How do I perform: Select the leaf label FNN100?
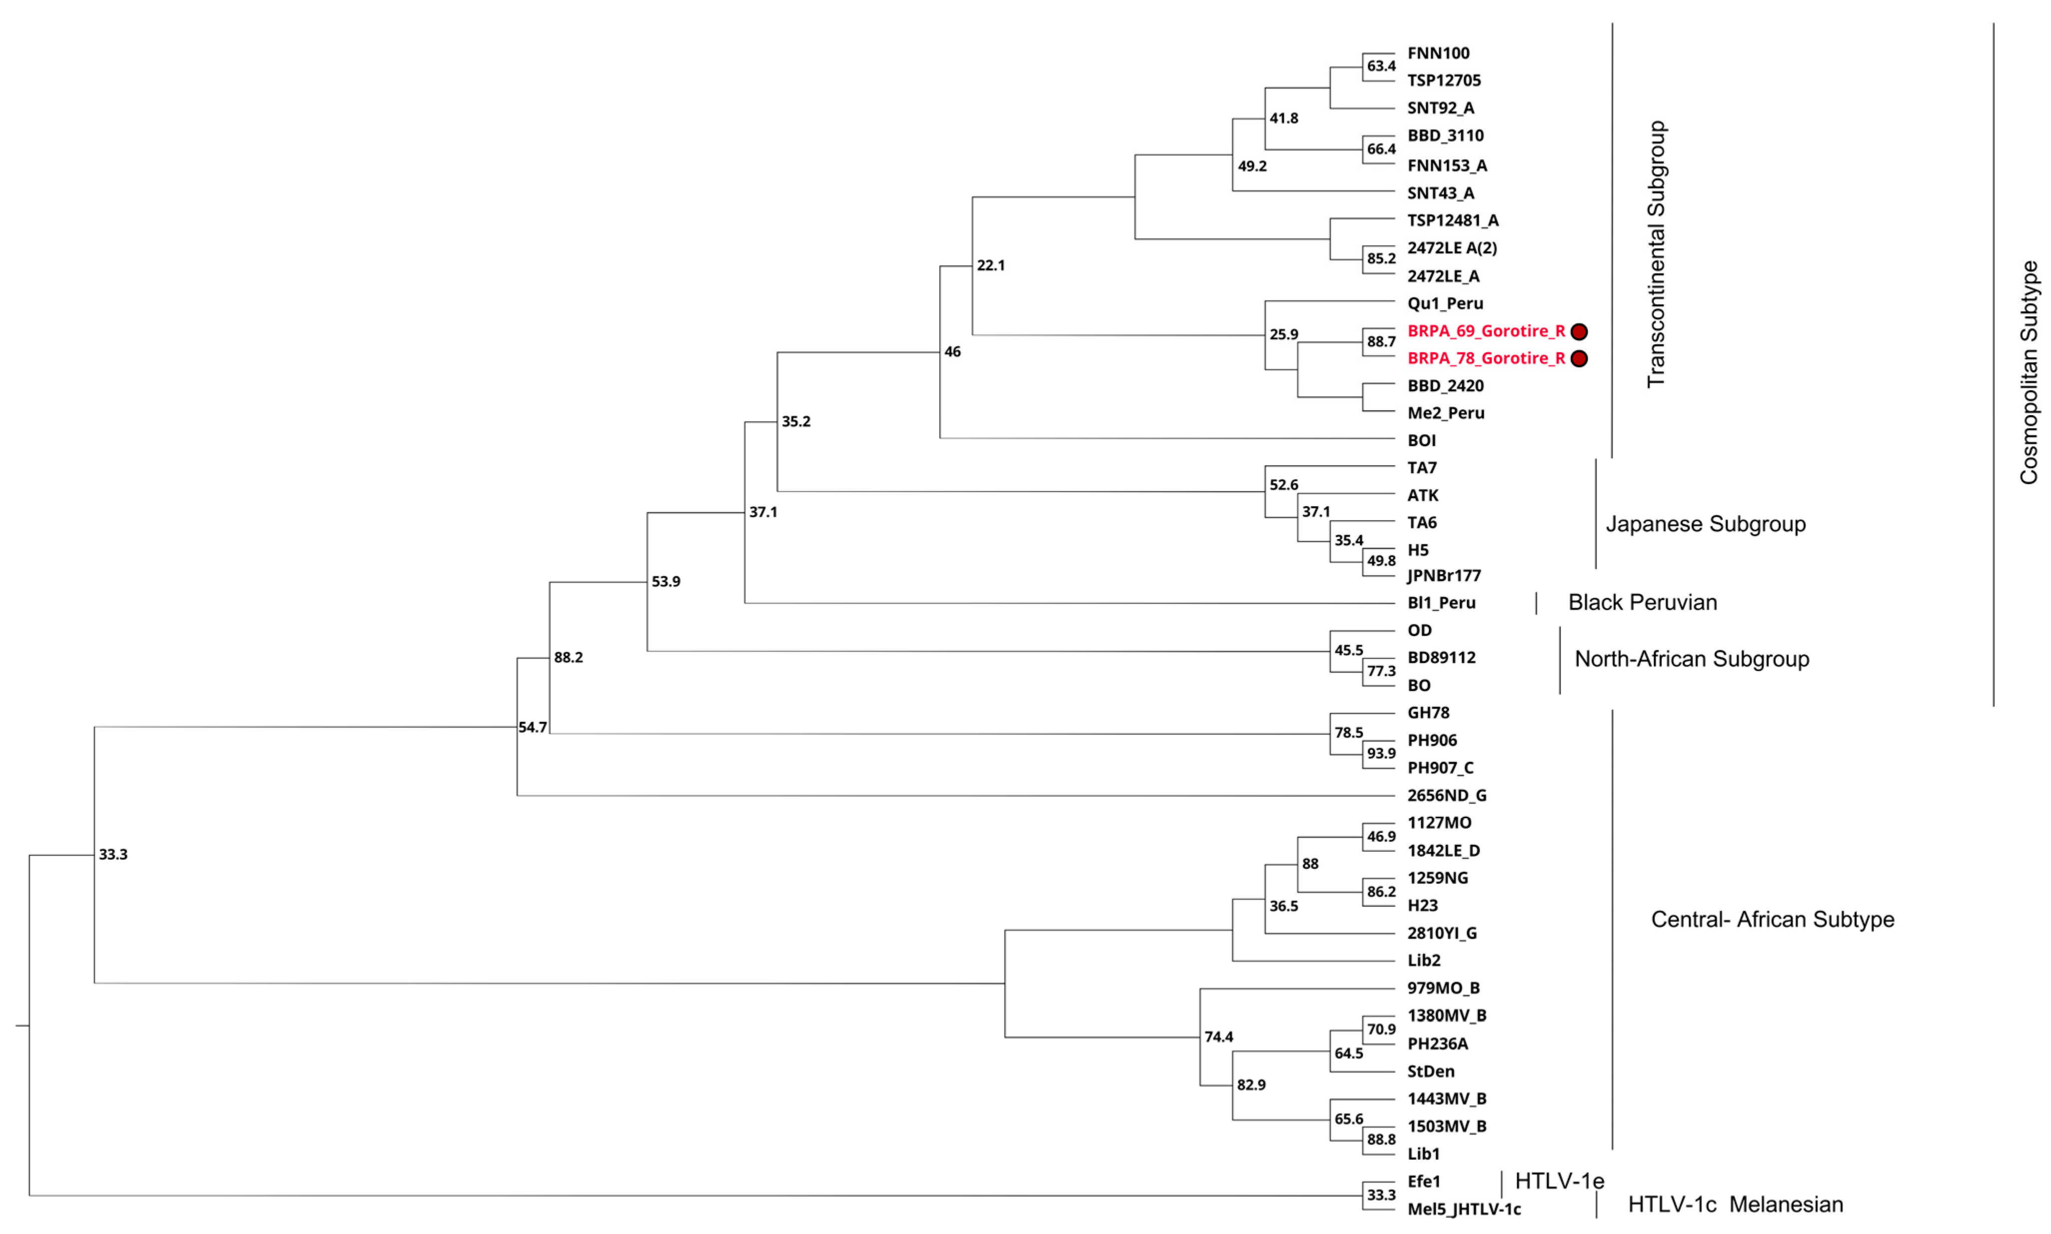click(x=1438, y=53)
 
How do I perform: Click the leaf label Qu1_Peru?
click(x=1445, y=304)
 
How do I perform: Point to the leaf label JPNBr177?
click(x=1444, y=576)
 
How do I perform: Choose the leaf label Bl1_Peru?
click(x=1442, y=603)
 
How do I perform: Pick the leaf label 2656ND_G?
click(x=1447, y=796)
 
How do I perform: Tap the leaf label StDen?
click(x=1431, y=1071)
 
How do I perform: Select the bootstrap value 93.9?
click(x=1381, y=753)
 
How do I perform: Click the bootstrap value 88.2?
click(x=568, y=658)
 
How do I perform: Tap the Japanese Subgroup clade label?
click(x=1705, y=524)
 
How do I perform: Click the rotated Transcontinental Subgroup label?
click(x=1656, y=254)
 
